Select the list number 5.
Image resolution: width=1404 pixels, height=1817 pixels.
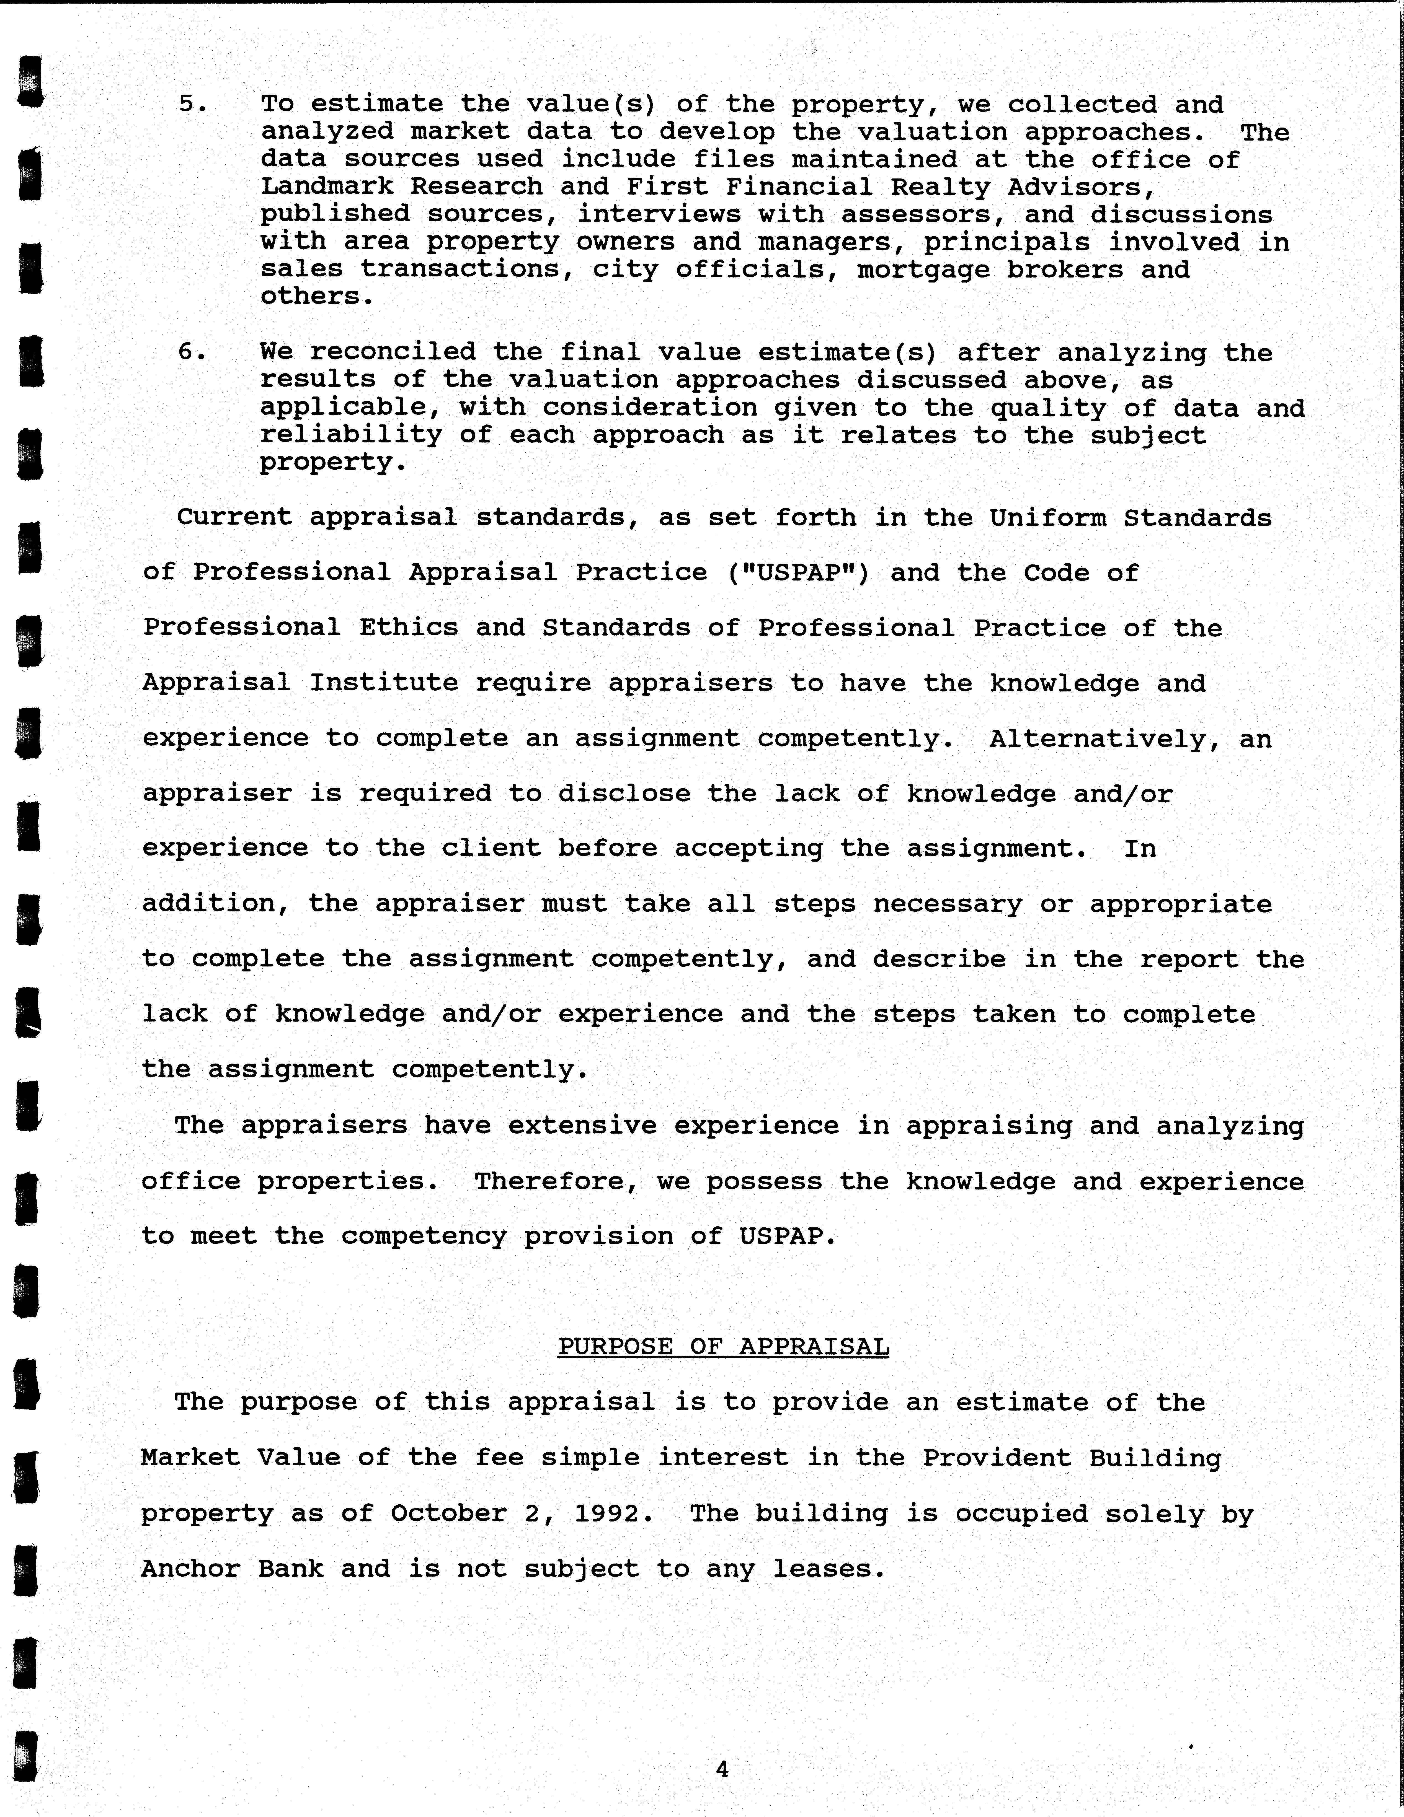(x=192, y=104)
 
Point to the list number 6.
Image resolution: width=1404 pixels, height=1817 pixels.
(x=192, y=352)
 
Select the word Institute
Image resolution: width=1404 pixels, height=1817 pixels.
(x=384, y=683)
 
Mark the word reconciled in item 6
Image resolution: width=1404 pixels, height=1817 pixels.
(x=393, y=352)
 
